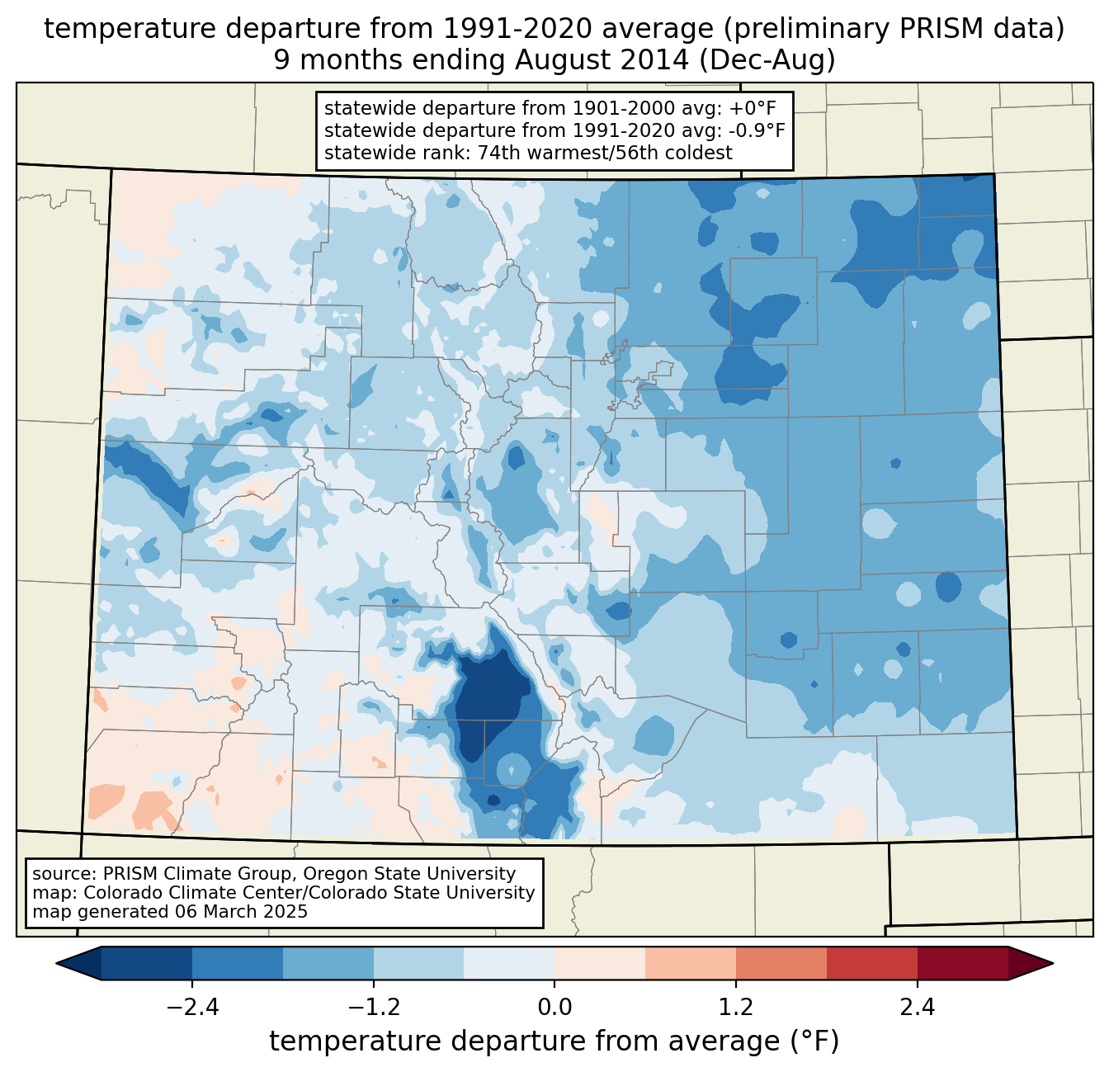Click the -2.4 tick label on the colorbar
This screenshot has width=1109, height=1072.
(x=192, y=1008)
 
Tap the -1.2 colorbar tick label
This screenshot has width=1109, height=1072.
(x=373, y=1008)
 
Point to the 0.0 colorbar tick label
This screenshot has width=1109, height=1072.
(x=554, y=1008)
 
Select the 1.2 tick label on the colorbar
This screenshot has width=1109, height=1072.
(x=735, y=1008)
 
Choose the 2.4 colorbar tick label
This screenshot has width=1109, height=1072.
(x=917, y=1008)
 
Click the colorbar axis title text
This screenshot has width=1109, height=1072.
(x=554, y=1041)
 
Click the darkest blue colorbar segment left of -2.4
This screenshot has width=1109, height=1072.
(x=147, y=963)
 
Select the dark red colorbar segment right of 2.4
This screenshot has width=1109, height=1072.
(x=962, y=963)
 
